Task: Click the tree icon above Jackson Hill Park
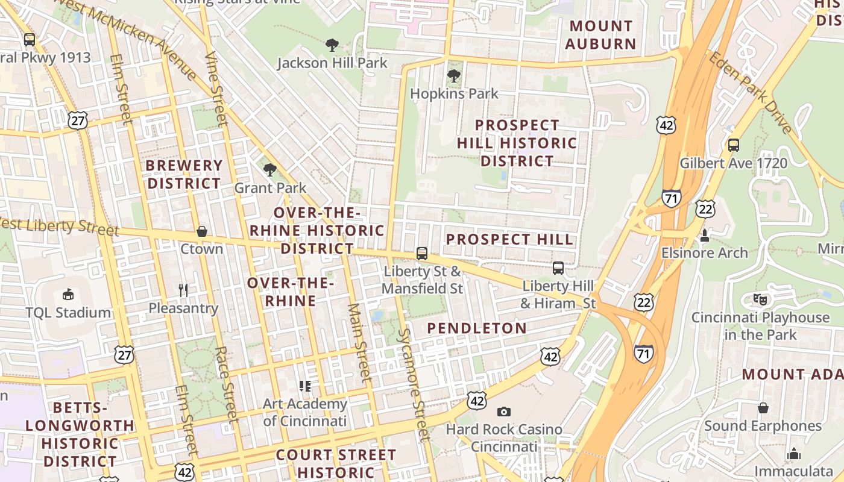point(332,45)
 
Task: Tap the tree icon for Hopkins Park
point(454,76)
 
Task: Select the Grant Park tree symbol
point(270,169)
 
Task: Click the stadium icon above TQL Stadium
point(68,295)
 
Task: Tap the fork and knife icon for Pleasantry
point(184,290)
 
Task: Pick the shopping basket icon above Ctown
point(202,231)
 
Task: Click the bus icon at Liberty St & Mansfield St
point(422,254)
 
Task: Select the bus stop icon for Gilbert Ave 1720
point(734,145)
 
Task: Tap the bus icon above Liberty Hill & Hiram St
point(558,268)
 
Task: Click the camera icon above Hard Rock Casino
point(503,412)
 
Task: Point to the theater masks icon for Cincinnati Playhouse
point(760,299)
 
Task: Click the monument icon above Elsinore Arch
point(704,235)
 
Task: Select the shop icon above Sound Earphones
point(763,408)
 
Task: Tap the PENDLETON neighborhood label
point(477,328)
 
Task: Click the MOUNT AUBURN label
point(600,35)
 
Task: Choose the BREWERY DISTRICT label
point(184,174)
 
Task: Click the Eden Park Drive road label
point(751,93)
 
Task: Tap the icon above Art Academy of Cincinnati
point(305,386)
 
